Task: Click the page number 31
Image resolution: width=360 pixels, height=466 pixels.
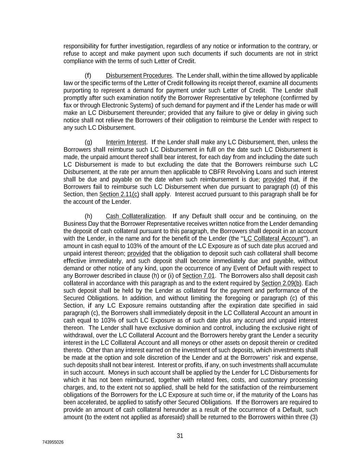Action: [x=180, y=436]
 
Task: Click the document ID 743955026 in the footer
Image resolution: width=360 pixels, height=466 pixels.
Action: [x=53, y=442]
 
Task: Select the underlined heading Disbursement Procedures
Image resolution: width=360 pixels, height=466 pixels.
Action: [x=139, y=75]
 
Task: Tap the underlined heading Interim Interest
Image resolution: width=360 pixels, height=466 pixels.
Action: [x=126, y=142]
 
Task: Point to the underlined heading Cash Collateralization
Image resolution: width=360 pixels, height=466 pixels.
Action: [x=135, y=216]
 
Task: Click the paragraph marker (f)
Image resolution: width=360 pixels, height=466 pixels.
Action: [x=88, y=75]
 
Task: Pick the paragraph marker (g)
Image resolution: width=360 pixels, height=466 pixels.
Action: [x=88, y=142]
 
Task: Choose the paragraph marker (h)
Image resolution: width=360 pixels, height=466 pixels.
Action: [x=88, y=216]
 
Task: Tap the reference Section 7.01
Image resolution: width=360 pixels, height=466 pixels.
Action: [x=198, y=276]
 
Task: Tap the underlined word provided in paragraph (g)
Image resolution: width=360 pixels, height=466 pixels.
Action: [x=274, y=179]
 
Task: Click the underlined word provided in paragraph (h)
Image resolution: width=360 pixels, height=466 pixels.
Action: [x=139, y=253]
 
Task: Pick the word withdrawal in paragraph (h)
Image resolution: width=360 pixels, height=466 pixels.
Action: [x=77, y=335]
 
